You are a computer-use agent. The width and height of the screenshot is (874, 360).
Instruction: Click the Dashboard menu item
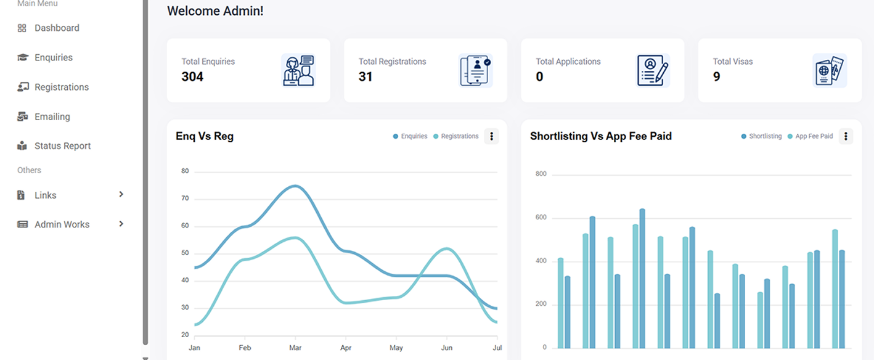[57, 28]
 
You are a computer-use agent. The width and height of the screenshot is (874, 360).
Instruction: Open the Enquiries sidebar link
[53, 57]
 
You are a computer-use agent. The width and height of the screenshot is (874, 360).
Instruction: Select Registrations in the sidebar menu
[61, 87]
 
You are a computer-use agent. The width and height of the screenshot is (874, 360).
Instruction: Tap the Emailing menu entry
[52, 117]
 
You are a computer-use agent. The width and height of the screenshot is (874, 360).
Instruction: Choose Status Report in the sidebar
[62, 146]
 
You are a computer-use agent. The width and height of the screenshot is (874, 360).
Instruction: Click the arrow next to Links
[121, 194]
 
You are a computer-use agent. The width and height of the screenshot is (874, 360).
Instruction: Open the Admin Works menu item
[62, 224]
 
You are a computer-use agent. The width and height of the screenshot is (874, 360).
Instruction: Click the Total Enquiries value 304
[192, 76]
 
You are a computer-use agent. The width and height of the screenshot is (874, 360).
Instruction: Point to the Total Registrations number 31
[366, 76]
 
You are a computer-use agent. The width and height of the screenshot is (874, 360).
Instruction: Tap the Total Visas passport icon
[830, 70]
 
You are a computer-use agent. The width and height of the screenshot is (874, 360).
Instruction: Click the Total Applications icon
[653, 70]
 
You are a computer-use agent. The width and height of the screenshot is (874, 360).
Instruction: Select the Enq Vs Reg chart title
[205, 136]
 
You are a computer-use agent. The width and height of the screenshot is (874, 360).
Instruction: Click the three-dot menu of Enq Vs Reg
[491, 136]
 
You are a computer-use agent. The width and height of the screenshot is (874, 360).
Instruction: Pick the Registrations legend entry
[459, 136]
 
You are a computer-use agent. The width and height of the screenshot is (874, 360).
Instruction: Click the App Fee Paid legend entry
[814, 136]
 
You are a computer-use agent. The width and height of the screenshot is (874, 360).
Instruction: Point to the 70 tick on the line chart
[185, 198]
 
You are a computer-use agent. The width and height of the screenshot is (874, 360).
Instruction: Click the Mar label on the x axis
[295, 348]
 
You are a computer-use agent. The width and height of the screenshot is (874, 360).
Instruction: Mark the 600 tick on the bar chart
[541, 218]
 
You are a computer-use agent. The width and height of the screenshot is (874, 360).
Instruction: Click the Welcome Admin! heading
[215, 10]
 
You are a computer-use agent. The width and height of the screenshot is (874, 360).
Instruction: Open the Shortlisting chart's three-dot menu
[846, 136]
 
